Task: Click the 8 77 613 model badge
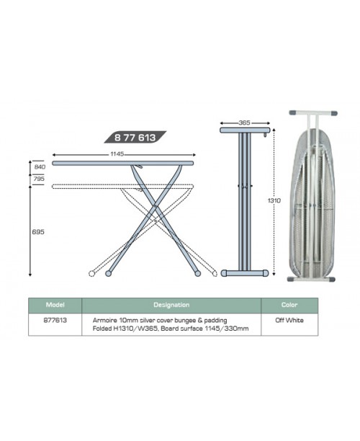pyautogui.click(x=135, y=137)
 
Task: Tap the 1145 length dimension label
pyautogui.click(x=117, y=153)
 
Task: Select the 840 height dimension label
pyautogui.click(x=40, y=166)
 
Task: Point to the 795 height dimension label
pyautogui.click(x=40, y=179)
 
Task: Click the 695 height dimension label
pyautogui.click(x=38, y=232)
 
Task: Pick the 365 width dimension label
pyautogui.click(x=244, y=122)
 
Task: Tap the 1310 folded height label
pyautogui.click(x=274, y=200)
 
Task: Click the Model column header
pyautogui.click(x=55, y=305)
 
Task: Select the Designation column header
pyautogui.click(x=171, y=305)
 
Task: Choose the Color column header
pyautogui.click(x=289, y=305)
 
